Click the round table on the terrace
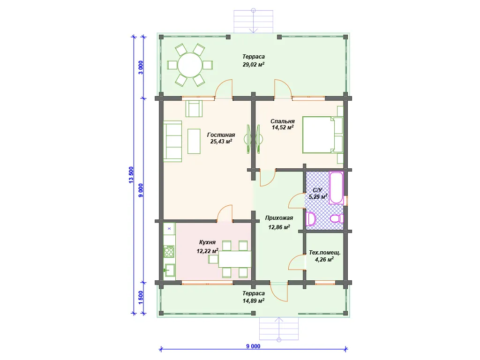coord(190,65)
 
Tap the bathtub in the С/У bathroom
coord(336,187)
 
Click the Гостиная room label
coord(221,135)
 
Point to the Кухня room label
coord(207,242)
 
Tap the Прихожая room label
coord(279,218)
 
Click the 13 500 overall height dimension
coord(131,175)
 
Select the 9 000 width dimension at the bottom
coord(253,346)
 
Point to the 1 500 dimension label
coord(141,298)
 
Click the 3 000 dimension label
coord(141,67)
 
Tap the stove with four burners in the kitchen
coord(169,252)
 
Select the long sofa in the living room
coord(172,141)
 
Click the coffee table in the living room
coord(194,141)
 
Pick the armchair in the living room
coord(194,108)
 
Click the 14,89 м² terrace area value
coord(254,301)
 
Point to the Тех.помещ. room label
coord(324,253)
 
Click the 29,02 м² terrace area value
coord(254,65)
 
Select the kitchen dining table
coord(235,259)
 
